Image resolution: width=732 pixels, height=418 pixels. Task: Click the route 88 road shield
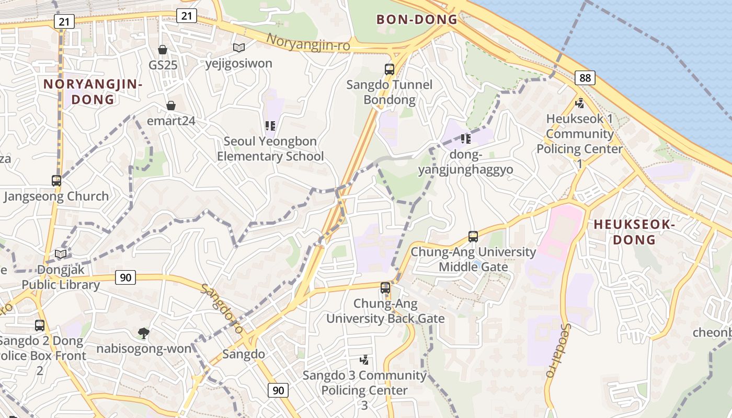coord(585,78)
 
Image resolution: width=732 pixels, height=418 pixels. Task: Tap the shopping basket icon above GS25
coord(163,50)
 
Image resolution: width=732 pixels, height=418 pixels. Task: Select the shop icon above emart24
coord(170,106)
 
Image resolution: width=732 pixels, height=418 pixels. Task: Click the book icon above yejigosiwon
coord(239,48)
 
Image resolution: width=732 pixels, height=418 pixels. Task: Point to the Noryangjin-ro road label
coord(308,42)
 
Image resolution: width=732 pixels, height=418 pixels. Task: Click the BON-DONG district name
coord(417,20)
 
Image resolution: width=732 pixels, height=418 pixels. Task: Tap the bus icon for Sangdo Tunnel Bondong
coord(390,69)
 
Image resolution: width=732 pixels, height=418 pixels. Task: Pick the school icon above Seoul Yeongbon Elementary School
coord(270,125)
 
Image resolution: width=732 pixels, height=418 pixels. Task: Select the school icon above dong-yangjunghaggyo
coord(466,138)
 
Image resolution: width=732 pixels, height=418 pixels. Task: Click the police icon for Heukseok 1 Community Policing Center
coord(579,103)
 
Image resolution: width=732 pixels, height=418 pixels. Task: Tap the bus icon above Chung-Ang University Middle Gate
coord(473,236)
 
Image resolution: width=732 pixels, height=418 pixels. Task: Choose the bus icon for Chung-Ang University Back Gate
coord(385,287)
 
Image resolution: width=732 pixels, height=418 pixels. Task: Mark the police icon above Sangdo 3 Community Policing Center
coord(364,359)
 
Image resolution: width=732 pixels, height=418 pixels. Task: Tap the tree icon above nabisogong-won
coord(143,333)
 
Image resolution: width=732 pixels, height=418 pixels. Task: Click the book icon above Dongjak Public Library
coord(61,254)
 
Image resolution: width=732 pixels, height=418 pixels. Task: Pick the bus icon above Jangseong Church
coord(56,181)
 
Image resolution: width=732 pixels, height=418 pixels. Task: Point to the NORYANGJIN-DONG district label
coord(93,91)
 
